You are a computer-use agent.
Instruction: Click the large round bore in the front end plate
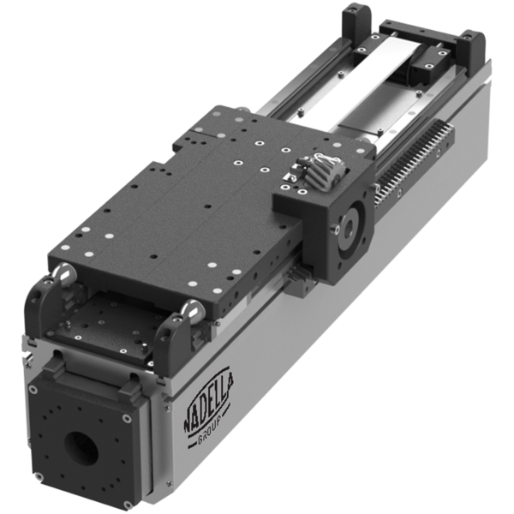[79, 445]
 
